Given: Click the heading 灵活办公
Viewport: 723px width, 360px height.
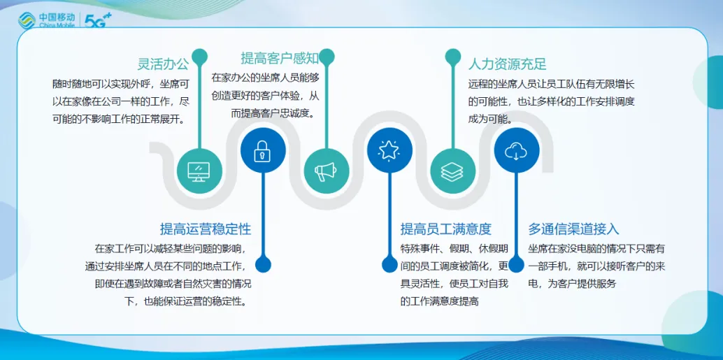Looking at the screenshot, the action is [163, 64].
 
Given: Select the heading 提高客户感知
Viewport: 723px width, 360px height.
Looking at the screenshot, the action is [280, 58].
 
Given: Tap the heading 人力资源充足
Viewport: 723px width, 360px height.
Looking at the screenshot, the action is [507, 63].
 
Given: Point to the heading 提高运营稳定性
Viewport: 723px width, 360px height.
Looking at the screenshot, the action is [205, 229].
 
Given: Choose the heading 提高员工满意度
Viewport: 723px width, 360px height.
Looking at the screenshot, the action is [446, 229].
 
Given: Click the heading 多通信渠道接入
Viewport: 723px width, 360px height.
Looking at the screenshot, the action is [573, 229].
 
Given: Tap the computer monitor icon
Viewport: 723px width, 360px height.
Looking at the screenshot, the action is [199, 171].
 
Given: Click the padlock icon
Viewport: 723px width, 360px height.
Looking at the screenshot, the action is [262, 151].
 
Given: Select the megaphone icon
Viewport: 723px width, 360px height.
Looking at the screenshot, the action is [326, 171].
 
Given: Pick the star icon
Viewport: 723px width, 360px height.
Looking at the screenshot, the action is [389, 150].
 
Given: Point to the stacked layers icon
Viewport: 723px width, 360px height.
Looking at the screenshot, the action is [453, 171].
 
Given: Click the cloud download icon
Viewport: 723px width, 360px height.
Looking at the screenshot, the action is [517, 150].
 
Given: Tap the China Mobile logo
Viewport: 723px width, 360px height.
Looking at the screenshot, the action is [46, 20].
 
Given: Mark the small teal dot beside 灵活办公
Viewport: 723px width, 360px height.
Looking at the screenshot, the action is [199, 56].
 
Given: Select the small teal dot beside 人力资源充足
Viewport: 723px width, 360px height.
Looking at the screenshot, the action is [453, 56].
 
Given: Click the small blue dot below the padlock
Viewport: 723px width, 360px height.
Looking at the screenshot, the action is [263, 265].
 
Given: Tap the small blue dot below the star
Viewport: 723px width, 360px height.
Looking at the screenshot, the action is [389, 265].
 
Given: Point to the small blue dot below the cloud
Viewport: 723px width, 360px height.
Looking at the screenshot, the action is [517, 265].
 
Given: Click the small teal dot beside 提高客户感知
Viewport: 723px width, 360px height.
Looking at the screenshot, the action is [327, 56].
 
